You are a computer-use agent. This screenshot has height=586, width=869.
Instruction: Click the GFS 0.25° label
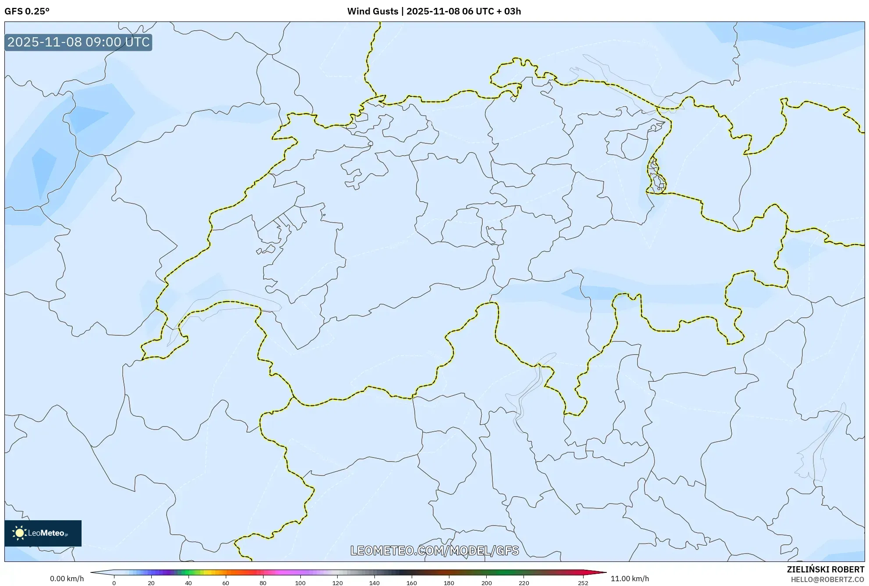27,11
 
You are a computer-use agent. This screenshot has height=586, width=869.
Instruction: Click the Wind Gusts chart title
434,11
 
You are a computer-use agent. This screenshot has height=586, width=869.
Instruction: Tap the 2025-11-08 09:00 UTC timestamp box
78,42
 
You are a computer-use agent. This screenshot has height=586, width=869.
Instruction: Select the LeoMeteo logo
43,533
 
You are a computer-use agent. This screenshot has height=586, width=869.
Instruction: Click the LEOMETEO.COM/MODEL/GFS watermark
434,550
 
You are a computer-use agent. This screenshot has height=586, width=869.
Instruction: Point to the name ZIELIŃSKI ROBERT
826,569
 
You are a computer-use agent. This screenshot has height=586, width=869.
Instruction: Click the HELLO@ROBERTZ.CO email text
827,579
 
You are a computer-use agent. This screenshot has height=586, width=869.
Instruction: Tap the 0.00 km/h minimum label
67,579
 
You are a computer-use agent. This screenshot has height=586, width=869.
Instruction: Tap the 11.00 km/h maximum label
630,579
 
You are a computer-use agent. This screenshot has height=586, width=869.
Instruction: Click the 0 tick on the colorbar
114,583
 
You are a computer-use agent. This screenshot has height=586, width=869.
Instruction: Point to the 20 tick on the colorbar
151,583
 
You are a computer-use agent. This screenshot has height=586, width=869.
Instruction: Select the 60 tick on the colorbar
226,583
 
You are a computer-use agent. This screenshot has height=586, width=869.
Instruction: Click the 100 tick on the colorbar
300,583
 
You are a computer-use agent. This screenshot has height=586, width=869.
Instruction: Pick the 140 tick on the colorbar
374,583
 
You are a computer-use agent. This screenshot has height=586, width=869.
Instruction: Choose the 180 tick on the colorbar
449,583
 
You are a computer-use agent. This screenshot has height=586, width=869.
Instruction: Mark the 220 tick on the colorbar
524,583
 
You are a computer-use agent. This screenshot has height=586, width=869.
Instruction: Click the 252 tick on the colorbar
583,583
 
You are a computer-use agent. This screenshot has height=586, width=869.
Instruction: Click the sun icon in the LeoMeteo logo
19,533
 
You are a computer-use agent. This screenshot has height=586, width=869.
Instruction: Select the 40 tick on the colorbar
189,583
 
